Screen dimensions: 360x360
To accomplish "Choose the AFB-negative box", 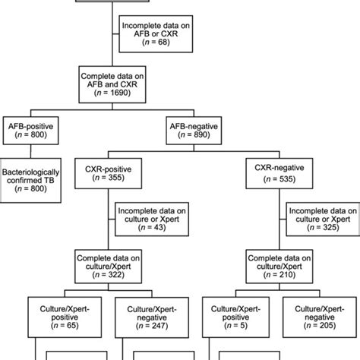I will pos(198,127).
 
